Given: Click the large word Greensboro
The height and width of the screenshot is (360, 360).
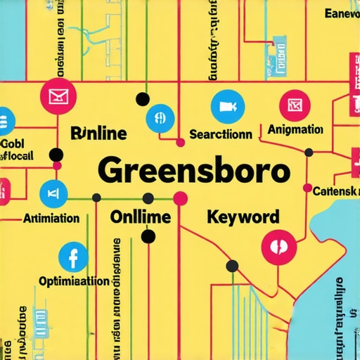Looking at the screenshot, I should tap(193, 171).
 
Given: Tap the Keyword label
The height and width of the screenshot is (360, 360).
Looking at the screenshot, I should tap(243, 217).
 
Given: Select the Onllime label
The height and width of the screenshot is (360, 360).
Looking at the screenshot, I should tap(141, 217).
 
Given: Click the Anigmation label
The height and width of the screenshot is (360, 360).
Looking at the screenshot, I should tap(295, 130).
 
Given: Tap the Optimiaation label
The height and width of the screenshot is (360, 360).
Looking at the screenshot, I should tap(64, 281).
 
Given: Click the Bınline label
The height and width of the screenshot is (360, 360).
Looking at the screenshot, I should tap(98, 133).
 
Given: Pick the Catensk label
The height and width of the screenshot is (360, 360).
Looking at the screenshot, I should tap(336, 191).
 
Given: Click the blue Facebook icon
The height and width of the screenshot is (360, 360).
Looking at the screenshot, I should tap(71, 257).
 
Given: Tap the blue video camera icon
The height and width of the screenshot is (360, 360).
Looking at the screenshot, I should tap(226, 106).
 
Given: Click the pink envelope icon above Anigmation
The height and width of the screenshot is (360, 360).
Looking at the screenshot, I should tap(294, 105).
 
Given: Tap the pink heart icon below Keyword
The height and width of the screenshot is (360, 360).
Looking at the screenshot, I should tap(275, 246).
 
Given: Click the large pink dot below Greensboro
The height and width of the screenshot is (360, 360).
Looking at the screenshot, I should tap(181, 198).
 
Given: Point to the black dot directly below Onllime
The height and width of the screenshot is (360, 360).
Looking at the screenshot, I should tap(148, 237).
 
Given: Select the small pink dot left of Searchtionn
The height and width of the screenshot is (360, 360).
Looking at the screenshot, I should tap(180, 143).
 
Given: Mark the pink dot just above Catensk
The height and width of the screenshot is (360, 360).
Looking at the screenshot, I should tap(307, 187).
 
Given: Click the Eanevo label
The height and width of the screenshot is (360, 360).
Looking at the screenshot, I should tap(342, 13).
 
